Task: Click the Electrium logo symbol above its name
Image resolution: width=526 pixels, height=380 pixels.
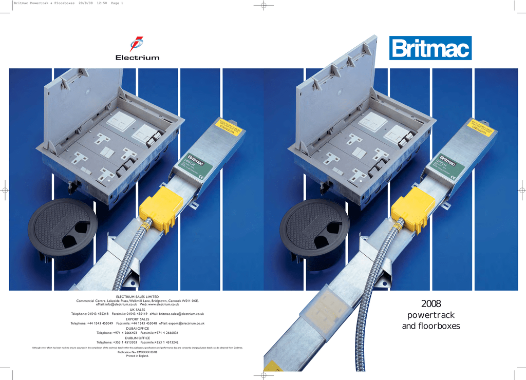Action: coord(137,44)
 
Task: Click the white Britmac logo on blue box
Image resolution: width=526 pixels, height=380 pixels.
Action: coord(430,49)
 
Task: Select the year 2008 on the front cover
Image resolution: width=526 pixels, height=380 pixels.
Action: coord(430,304)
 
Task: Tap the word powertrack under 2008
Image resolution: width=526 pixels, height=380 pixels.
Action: coord(430,315)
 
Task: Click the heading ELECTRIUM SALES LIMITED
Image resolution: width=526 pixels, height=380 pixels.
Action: coord(138,297)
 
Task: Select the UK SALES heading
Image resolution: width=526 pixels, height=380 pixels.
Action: coord(138,310)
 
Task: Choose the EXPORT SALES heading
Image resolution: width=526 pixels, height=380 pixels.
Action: coord(138,319)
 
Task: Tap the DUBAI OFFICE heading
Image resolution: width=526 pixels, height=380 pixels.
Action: coord(138,328)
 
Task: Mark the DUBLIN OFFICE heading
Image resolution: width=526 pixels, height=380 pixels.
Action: coord(138,338)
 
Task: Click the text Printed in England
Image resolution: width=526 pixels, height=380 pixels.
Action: coord(138,356)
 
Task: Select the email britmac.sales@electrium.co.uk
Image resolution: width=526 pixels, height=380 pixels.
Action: coord(182,314)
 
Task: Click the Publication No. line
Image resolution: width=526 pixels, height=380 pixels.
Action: coord(138,352)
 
